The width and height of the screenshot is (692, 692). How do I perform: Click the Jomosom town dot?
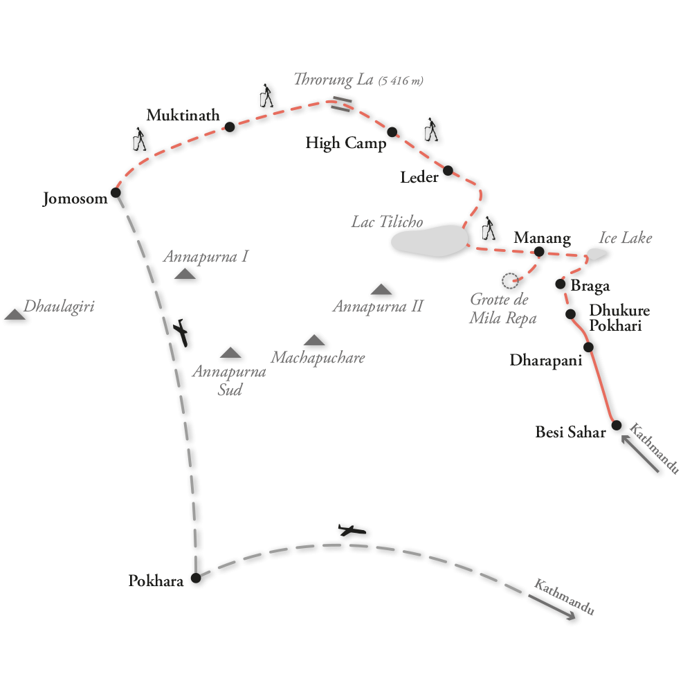pyautogui.click(x=116, y=192)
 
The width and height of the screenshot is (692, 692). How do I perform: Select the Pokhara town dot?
pyautogui.click(x=195, y=578)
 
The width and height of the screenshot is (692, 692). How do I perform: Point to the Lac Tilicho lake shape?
pyautogui.click(x=428, y=240)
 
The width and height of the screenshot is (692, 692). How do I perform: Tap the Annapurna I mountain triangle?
pyautogui.click(x=185, y=274)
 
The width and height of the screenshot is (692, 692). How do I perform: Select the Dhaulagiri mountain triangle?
pyautogui.click(x=15, y=315)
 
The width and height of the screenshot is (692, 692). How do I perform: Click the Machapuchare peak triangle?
pyautogui.click(x=314, y=340)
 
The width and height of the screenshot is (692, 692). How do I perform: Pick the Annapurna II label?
pyautogui.click(x=377, y=306)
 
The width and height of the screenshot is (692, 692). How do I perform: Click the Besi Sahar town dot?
pyautogui.click(x=617, y=425)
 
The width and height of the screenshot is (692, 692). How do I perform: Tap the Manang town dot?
pyautogui.click(x=540, y=251)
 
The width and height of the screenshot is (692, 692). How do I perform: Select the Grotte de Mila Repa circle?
pyautogui.click(x=510, y=280)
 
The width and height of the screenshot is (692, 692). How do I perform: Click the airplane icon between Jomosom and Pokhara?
pyautogui.click(x=183, y=333)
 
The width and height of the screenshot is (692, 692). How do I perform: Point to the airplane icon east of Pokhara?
pyautogui.click(x=352, y=531)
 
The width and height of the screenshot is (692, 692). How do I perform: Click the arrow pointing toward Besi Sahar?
pyautogui.click(x=640, y=454)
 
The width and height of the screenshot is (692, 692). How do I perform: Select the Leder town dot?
pyautogui.click(x=448, y=170)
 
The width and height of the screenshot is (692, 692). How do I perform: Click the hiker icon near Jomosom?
pyautogui.click(x=139, y=140)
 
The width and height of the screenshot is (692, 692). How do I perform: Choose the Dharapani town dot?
pyautogui.click(x=588, y=347)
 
